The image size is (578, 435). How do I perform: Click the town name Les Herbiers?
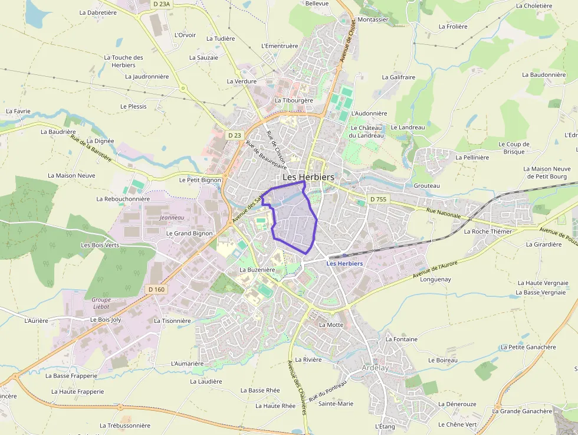[308, 177]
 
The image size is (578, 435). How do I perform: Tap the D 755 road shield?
[378, 199]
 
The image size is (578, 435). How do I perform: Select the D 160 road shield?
[156, 289]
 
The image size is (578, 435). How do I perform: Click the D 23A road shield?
[161, 4]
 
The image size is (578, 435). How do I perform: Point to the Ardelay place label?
[375, 368]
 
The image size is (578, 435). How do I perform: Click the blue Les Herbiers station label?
[344, 263]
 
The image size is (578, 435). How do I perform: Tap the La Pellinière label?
[472, 158]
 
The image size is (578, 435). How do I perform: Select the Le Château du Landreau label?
[366, 132]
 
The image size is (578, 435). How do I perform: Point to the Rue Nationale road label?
[443, 214]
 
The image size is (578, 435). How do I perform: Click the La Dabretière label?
[97, 12]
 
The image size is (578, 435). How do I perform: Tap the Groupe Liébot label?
[101, 303]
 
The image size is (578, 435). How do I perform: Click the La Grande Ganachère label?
[522, 411]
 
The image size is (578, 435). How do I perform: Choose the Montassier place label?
[373, 19]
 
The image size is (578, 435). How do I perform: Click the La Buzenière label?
[257, 270]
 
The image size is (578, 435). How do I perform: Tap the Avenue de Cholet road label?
[349, 41]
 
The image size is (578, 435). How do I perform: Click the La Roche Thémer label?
[488, 231]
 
